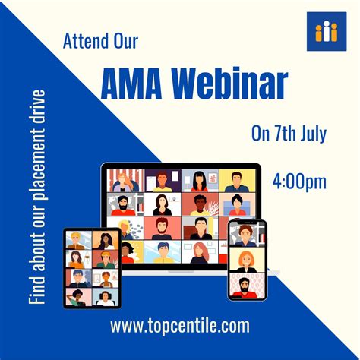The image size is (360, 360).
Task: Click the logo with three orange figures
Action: [327, 32]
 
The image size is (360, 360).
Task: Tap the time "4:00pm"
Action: [299, 182]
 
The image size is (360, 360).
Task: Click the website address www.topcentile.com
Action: [179, 327]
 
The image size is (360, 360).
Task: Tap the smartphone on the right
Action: [248, 259]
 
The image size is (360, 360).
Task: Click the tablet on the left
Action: [91, 267]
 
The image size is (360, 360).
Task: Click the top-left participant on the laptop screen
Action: [123, 180]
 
